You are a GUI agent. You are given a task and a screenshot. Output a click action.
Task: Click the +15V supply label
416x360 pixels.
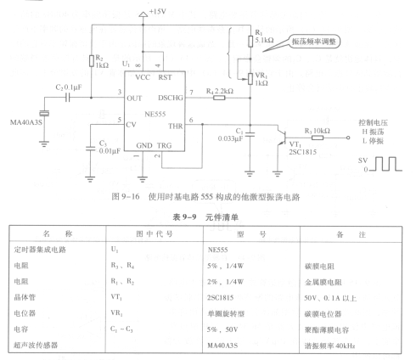(158, 12)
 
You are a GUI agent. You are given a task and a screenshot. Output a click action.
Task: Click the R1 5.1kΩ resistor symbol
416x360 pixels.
(250, 41)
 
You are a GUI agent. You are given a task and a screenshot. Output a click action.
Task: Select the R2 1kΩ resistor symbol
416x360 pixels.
(92, 61)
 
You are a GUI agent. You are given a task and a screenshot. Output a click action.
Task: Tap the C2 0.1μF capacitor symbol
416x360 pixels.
(67, 98)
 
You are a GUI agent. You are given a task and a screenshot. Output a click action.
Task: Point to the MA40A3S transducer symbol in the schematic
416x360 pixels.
(44, 114)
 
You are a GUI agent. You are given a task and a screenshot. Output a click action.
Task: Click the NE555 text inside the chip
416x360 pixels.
(155, 114)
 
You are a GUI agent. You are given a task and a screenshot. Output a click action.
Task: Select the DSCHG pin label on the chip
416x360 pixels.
(171, 98)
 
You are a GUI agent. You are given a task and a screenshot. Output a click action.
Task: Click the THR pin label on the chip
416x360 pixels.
(176, 127)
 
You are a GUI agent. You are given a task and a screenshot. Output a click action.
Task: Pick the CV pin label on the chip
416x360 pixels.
(131, 125)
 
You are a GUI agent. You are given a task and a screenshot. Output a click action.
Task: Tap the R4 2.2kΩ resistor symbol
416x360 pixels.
(219, 98)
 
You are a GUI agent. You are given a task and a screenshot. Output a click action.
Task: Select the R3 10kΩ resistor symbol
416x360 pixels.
(318, 138)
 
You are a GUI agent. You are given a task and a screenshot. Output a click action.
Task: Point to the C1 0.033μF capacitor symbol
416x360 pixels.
(250, 135)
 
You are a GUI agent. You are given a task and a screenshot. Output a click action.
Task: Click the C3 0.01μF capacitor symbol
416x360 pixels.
(90, 149)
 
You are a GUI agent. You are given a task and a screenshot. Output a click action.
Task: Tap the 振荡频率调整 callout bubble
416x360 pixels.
(314, 42)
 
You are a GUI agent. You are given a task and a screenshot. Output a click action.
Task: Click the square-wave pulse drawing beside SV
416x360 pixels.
(386, 164)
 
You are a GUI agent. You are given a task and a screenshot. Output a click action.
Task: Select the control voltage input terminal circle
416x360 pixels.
(348, 138)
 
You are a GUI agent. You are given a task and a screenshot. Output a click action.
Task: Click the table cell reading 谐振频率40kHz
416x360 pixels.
(329, 346)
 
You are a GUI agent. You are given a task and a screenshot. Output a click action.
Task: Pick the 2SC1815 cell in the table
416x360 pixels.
(221, 298)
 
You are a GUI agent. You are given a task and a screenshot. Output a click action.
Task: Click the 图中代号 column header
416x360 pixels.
(155, 233)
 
